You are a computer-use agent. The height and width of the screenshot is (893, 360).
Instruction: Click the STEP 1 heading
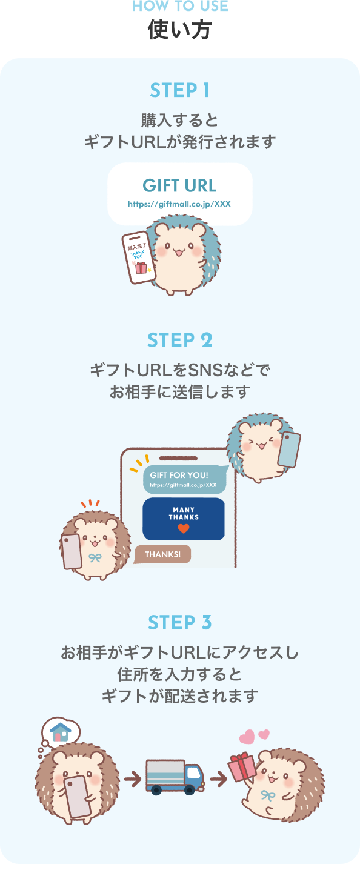[x=180, y=90]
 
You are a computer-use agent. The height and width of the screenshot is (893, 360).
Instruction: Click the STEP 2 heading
[x=180, y=340]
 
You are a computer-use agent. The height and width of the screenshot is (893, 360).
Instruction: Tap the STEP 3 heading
[x=180, y=623]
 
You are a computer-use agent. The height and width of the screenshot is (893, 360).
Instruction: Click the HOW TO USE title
[x=180, y=7]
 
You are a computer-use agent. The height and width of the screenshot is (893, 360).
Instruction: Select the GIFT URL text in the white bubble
[x=179, y=185]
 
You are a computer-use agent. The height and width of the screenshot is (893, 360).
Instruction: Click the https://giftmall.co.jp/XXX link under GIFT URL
[x=179, y=204]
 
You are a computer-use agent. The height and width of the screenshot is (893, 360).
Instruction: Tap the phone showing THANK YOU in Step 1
[x=139, y=257]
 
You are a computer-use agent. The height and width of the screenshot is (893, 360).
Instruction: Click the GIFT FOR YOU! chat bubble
[x=184, y=479]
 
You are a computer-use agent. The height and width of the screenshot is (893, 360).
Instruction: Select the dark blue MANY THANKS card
[x=183, y=519]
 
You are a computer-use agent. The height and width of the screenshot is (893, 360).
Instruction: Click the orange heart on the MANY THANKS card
[x=183, y=529]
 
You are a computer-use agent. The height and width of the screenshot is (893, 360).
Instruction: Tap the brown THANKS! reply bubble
[x=162, y=554]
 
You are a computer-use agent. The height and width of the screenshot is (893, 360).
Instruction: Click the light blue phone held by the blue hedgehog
[x=289, y=449]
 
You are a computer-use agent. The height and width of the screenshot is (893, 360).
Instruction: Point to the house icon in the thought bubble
[x=60, y=731]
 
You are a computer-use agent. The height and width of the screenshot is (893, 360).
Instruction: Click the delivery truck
[x=175, y=777]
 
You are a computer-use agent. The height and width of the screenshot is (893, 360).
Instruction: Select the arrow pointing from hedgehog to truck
[x=132, y=778]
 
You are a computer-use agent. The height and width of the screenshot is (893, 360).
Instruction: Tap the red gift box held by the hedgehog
[x=242, y=768]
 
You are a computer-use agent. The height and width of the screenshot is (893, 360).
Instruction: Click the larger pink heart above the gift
[x=246, y=737]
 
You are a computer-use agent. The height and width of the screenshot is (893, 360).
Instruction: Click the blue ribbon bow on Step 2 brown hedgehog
[x=95, y=557]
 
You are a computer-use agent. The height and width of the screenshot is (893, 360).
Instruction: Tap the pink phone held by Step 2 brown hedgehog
[x=72, y=551]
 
